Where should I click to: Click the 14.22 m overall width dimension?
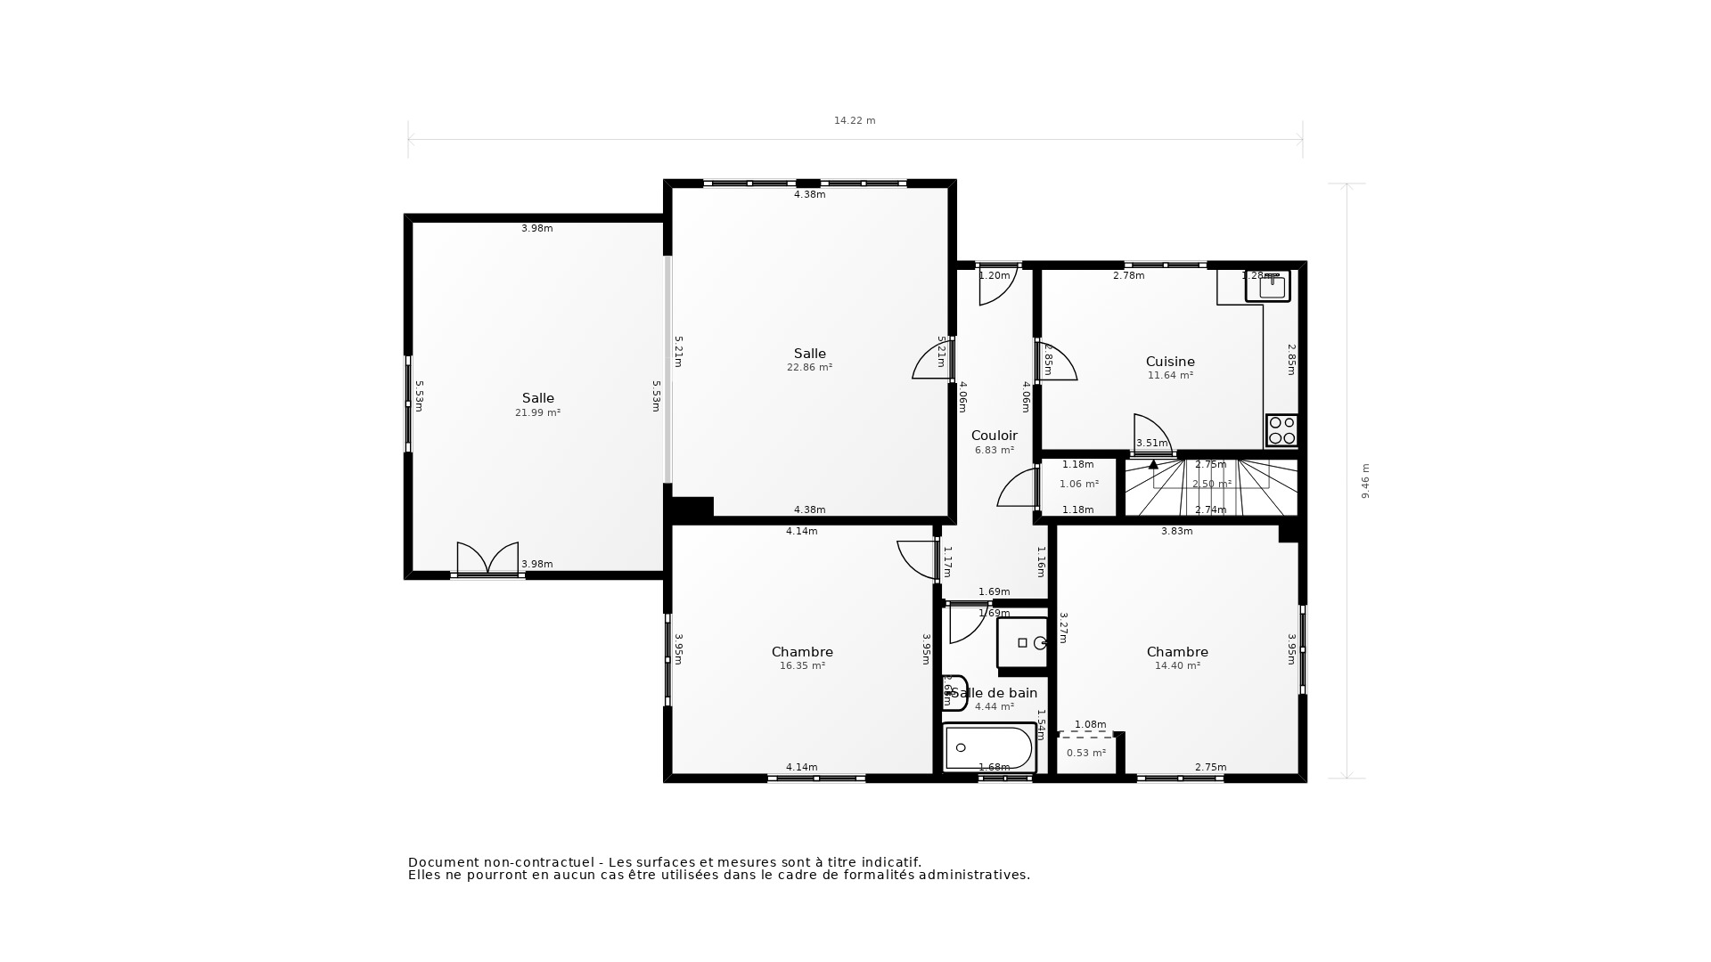pyautogui.click(x=855, y=120)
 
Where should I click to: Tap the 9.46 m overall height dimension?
pyautogui.click(x=1365, y=481)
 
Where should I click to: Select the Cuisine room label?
pyautogui.click(x=1170, y=362)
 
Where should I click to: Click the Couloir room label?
pyautogui.click(x=994, y=436)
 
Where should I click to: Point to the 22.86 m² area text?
pyautogui.click(x=809, y=367)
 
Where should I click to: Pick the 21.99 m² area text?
pyautogui.click(x=537, y=412)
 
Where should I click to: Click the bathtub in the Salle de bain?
pyautogui.click(x=989, y=747)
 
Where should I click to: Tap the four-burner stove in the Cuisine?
pyautogui.click(x=1281, y=430)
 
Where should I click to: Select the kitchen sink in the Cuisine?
pyautogui.click(x=1268, y=287)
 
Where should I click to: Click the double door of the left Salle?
pyautogui.click(x=487, y=558)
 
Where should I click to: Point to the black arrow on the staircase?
pyautogui.click(x=1153, y=464)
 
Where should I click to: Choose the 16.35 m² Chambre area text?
pyautogui.click(x=802, y=665)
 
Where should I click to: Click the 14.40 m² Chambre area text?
pyautogui.click(x=1177, y=665)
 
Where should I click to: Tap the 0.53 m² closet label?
pyautogui.click(x=1085, y=753)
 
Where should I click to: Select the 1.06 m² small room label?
pyautogui.click(x=1078, y=484)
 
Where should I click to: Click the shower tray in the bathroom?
pyautogui.click(x=1022, y=642)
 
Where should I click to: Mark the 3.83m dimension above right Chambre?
pyautogui.click(x=1176, y=531)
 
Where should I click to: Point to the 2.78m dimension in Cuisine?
pyautogui.click(x=1128, y=276)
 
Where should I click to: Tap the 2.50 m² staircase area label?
pyautogui.click(x=1211, y=484)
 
